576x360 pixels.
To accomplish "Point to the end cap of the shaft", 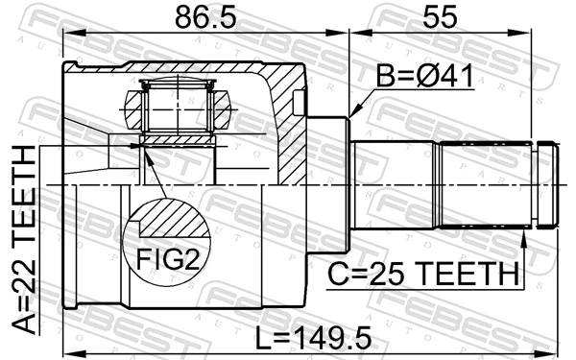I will tap(547, 184).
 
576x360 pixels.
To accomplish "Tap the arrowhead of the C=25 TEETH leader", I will tap(523, 233).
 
